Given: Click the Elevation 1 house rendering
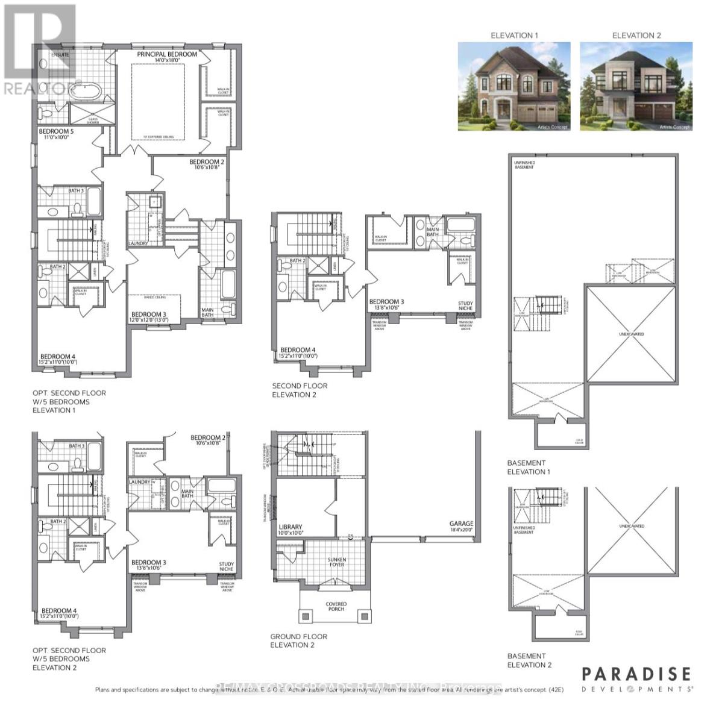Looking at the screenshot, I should click(514, 86).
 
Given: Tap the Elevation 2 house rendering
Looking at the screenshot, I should click(636, 86).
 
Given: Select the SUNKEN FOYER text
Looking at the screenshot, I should click(336, 562).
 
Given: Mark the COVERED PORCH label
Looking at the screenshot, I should click(336, 606).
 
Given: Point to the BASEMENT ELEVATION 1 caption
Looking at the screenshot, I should click(529, 468).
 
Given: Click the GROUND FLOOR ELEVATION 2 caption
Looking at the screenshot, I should click(298, 640).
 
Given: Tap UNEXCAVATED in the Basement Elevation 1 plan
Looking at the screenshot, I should click(631, 334).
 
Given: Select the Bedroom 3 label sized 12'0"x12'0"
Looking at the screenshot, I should click(149, 317).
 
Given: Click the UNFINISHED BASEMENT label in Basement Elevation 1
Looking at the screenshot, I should click(524, 164).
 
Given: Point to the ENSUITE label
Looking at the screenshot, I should click(60, 55).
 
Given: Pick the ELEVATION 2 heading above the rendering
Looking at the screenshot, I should click(636, 36).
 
